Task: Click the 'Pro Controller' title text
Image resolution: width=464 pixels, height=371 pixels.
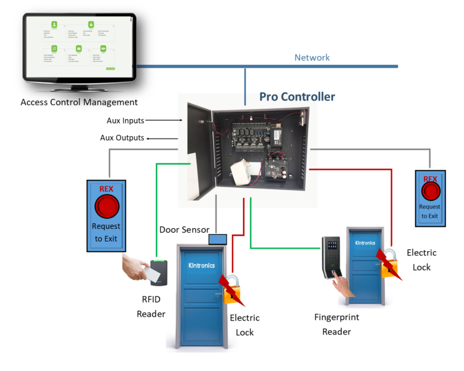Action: click(x=297, y=97)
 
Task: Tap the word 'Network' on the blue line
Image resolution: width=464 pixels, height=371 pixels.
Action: click(x=312, y=57)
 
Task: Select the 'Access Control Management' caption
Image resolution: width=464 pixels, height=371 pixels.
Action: click(x=79, y=102)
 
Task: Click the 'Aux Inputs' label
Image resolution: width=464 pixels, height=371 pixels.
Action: click(x=125, y=120)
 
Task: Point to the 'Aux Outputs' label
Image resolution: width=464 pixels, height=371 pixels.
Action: click(x=122, y=138)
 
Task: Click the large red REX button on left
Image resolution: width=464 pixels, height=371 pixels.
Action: click(x=106, y=206)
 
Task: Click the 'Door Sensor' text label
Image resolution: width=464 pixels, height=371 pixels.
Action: click(x=184, y=230)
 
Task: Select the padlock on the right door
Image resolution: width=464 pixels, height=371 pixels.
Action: click(x=388, y=262)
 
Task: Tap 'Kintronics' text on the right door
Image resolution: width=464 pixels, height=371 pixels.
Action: click(x=365, y=243)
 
